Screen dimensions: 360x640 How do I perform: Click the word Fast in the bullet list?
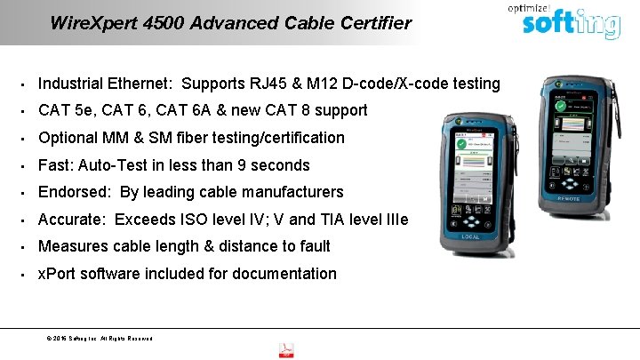click(53, 165)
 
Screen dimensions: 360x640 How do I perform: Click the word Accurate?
click(70, 219)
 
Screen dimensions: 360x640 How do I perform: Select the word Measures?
click(73, 246)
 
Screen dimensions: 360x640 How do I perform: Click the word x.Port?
click(58, 274)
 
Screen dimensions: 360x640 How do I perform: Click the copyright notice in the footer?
click(98, 339)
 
